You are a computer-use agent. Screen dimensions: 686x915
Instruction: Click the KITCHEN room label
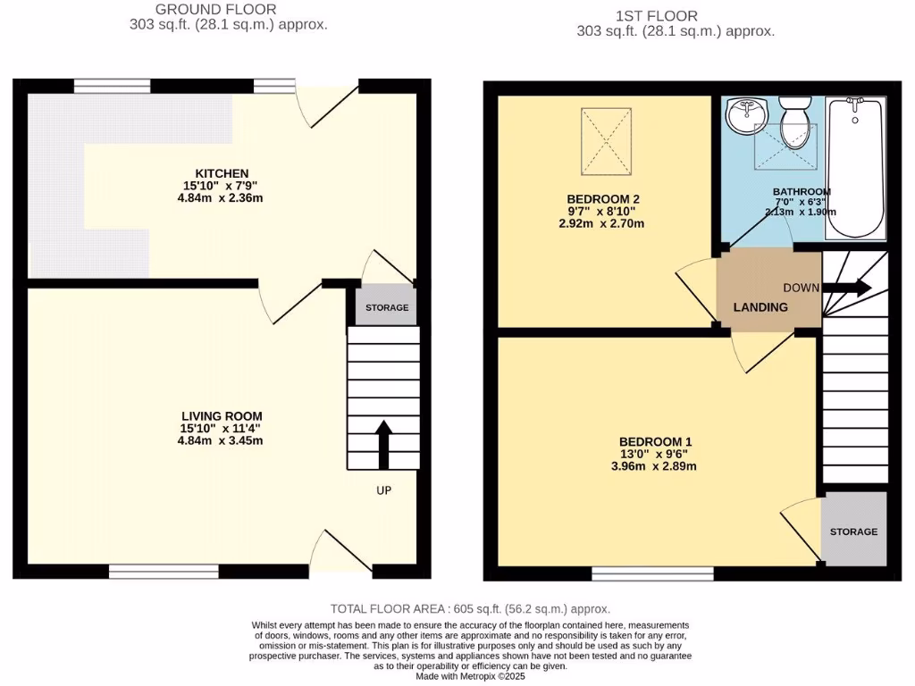click(x=222, y=173)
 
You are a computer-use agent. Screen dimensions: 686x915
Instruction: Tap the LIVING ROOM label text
click(x=222, y=416)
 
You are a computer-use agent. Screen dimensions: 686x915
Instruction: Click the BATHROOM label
click(x=802, y=192)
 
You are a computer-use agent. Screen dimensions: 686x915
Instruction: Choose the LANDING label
click(x=760, y=307)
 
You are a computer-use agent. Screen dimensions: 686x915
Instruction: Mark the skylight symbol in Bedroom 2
click(x=606, y=141)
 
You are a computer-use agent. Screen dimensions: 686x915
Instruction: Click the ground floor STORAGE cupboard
click(x=386, y=307)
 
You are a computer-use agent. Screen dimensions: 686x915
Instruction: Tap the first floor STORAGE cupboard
click(x=853, y=531)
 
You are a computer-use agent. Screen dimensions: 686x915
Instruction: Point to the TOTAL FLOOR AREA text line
click(x=470, y=607)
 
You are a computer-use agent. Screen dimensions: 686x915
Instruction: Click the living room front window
click(x=164, y=570)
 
